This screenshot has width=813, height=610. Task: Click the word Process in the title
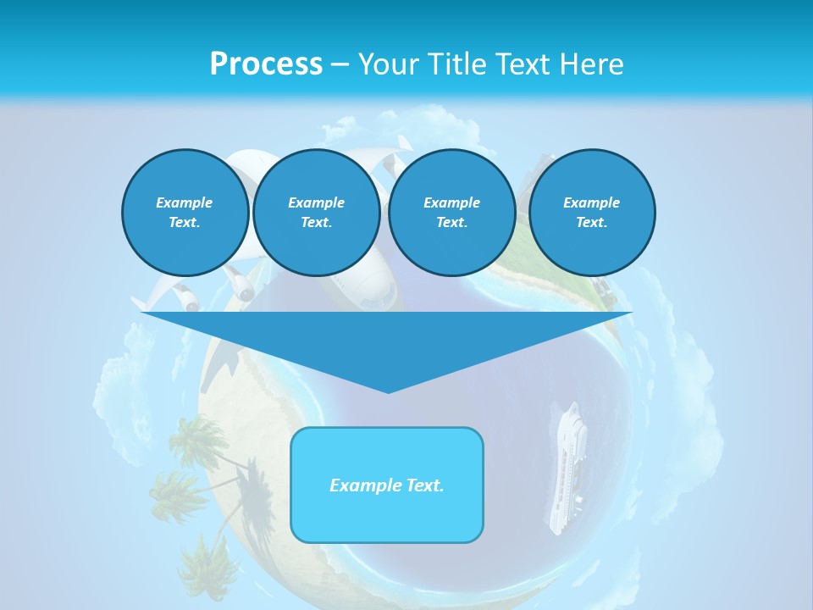click(266, 64)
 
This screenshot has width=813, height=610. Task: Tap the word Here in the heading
click(590, 64)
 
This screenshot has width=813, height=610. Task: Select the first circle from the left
click(185, 213)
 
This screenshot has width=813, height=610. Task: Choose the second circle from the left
click(316, 213)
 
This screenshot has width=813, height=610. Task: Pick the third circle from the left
click(451, 213)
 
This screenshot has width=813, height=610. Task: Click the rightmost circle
click(591, 213)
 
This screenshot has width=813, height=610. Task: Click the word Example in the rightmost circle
click(591, 202)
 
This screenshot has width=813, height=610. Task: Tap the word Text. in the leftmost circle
click(185, 223)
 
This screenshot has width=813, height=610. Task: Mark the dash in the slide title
click(340, 64)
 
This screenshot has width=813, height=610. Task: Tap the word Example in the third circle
click(451, 202)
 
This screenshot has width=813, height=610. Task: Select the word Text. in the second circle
click(316, 223)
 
